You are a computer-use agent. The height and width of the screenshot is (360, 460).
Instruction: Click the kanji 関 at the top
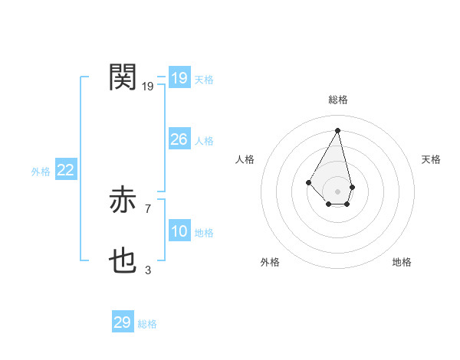[123, 77]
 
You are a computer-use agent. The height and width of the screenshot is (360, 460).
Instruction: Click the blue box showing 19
[179, 78]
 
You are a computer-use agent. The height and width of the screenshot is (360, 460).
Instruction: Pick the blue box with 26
[179, 139]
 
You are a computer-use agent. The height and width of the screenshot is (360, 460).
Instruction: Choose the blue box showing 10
[179, 231]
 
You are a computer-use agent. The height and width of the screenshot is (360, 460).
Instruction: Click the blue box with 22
[65, 170]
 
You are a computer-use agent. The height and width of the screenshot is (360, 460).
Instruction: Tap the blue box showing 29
[122, 322]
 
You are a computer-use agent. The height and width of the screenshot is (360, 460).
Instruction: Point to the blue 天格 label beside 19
[204, 80]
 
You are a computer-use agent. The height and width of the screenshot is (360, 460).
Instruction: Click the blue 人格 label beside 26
[204, 141]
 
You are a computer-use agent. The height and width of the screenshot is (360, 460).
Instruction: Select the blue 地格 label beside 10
[204, 233]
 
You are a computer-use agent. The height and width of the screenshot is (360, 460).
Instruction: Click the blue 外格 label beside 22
[41, 172]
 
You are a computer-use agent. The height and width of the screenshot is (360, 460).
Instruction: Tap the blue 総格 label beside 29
[147, 324]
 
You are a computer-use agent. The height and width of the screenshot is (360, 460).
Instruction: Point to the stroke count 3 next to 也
[148, 270]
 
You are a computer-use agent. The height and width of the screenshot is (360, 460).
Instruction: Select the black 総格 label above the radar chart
[338, 100]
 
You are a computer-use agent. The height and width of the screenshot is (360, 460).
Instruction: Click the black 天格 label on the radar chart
[431, 159]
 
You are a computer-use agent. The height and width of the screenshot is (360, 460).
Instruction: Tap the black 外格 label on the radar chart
[270, 262]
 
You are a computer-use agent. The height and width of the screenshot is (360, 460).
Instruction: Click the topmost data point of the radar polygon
[337, 129]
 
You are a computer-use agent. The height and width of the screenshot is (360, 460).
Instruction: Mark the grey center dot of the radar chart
[337, 191]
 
